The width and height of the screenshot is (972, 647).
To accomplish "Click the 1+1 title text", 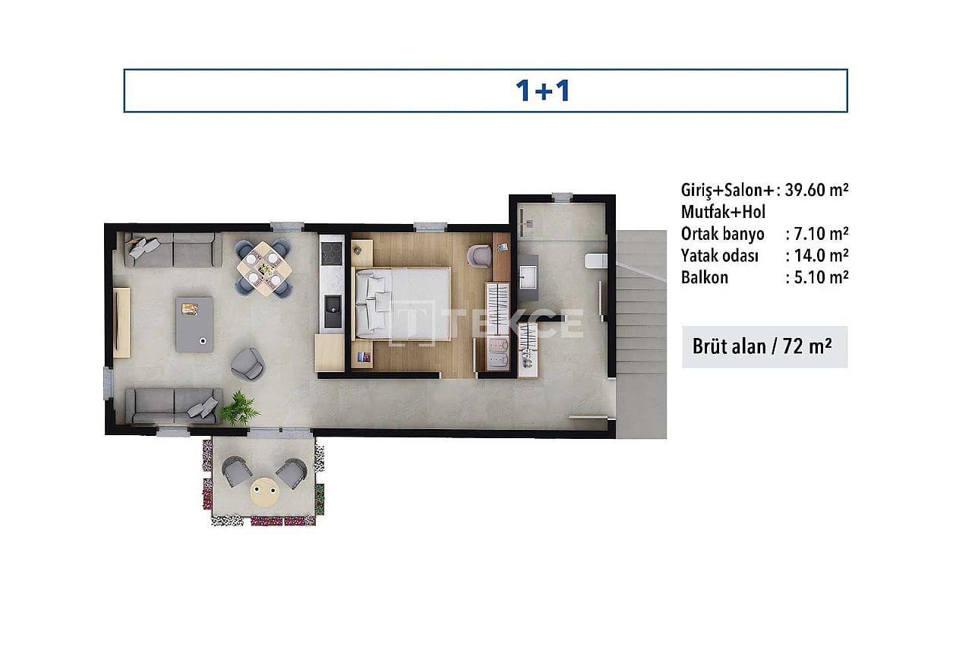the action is click(543, 91).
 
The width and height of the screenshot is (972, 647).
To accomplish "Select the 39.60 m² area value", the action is click(816, 190).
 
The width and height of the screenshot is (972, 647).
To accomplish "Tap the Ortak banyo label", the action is click(722, 234).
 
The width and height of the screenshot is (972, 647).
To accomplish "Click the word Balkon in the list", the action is click(704, 278).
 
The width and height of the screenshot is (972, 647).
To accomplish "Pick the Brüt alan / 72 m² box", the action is click(765, 347).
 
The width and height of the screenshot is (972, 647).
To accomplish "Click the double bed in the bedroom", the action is click(402, 303).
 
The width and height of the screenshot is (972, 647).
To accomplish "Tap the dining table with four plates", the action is click(264, 269).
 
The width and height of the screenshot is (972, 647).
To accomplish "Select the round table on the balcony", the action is click(265, 492).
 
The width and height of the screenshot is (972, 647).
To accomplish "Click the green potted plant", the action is click(239, 408).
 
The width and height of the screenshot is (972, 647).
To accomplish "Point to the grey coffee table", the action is click(194, 324).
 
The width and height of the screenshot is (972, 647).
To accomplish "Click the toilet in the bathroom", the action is click(595, 261).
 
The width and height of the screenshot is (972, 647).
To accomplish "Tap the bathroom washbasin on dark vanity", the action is click(528, 276).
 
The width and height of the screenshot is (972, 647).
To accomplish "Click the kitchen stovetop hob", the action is click(332, 253).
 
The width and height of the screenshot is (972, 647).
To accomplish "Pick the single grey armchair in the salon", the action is click(248, 364).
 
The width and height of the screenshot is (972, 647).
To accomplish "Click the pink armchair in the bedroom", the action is click(479, 256).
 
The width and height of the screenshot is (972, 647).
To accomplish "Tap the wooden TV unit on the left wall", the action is click(121, 323).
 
